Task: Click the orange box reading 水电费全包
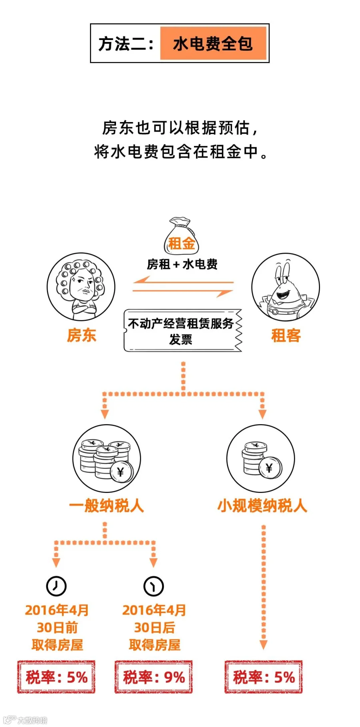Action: tap(213, 43)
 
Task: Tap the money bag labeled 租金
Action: tap(182, 236)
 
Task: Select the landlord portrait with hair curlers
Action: tap(81, 286)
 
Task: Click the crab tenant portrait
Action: tap(286, 287)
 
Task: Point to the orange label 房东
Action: tap(82, 335)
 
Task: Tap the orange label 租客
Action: tap(286, 335)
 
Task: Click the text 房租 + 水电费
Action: tap(182, 264)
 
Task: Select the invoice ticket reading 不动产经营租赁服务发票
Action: tap(183, 330)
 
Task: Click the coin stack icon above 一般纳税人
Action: tap(106, 459)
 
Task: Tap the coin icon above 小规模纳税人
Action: tap(261, 459)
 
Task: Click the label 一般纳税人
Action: tap(106, 506)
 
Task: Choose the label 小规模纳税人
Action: tap(262, 506)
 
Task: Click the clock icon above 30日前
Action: tap(56, 586)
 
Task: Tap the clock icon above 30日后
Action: tap(154, 586)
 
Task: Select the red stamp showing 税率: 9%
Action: tap(154, 677)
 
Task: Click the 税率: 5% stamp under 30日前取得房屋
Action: tap(56, 677)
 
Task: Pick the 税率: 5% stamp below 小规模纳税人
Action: tap(264, 677)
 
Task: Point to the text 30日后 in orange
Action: tap(154, 627)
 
